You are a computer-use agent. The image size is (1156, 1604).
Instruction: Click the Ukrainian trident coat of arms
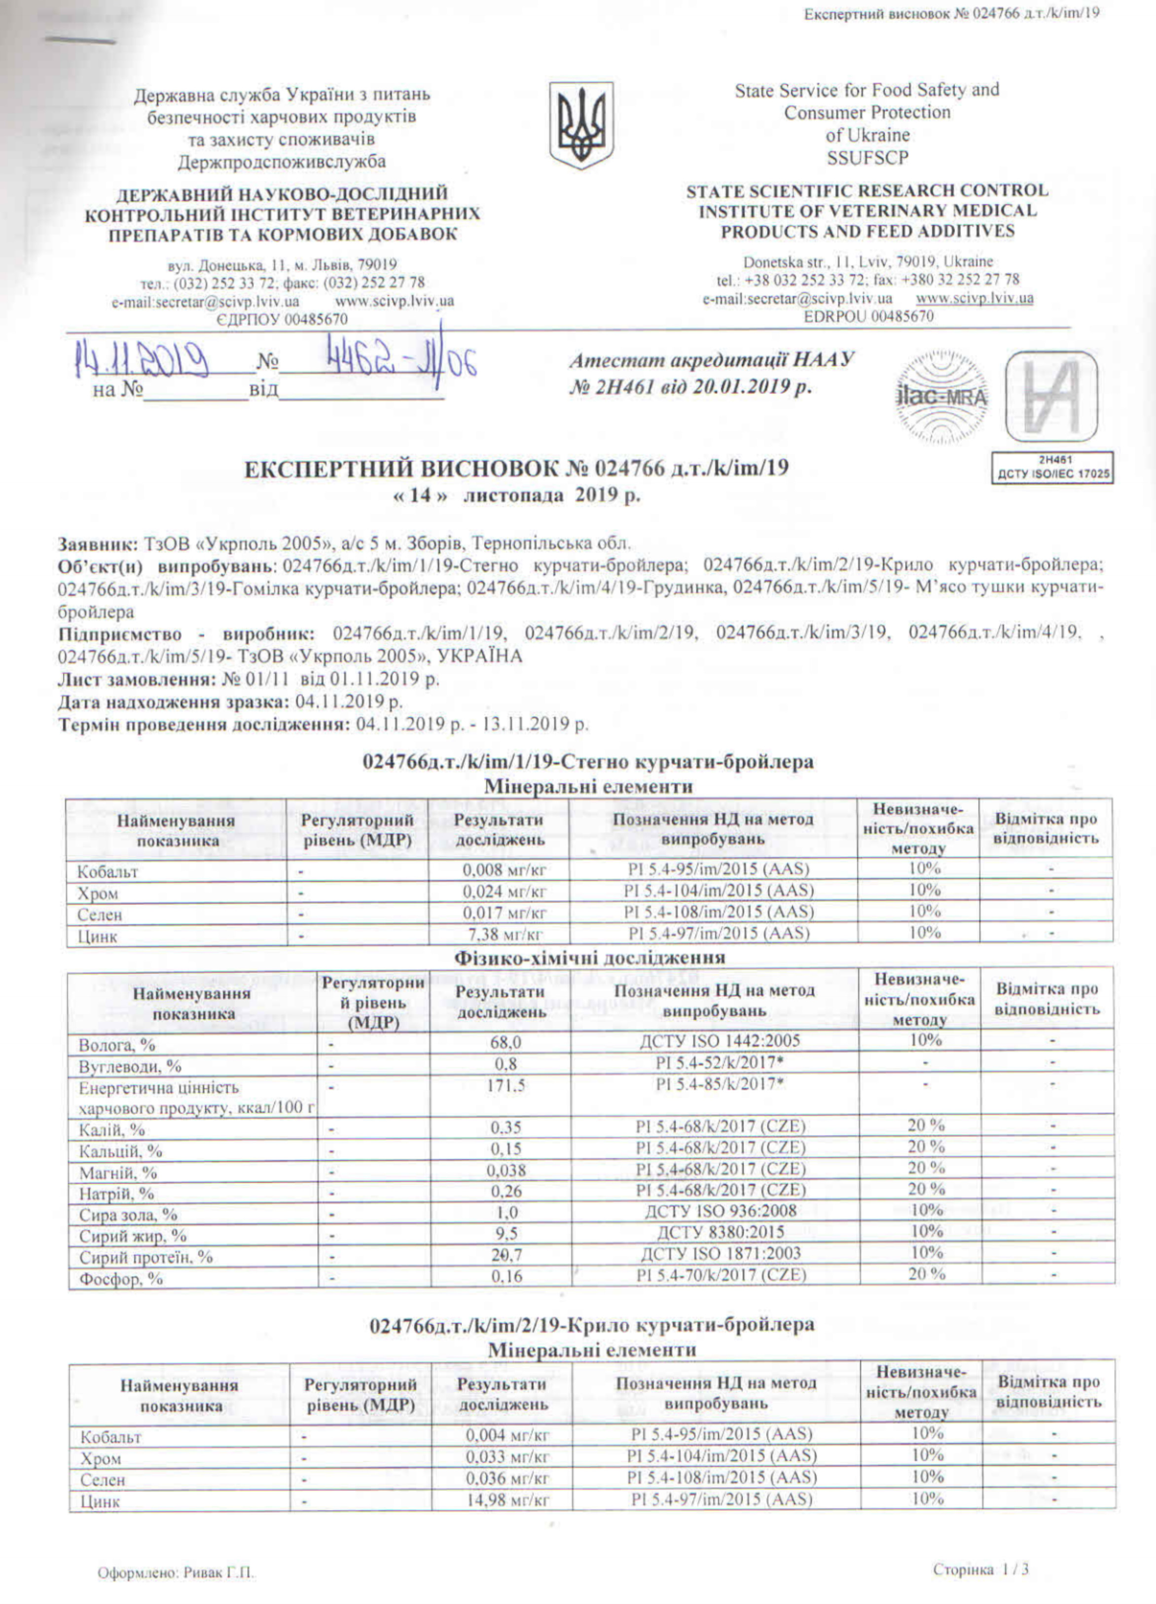[x=581, y=125]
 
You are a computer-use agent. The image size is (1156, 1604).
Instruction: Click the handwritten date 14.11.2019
[x=142, y=362]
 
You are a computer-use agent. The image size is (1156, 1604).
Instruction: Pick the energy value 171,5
[x=501, y=1086]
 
